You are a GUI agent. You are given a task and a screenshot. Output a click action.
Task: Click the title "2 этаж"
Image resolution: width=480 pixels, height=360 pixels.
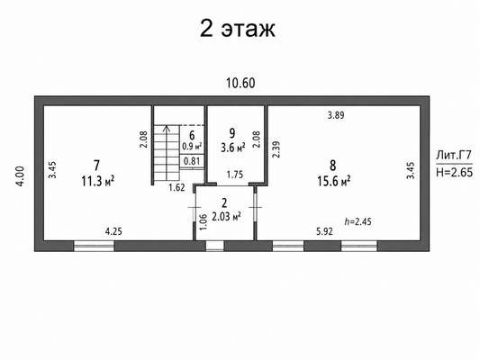point(238,29)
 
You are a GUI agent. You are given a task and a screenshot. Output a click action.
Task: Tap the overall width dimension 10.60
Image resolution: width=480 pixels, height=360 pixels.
point(240,83)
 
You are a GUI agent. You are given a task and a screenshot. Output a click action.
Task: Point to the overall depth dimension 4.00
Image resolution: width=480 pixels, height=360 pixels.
point(19,175)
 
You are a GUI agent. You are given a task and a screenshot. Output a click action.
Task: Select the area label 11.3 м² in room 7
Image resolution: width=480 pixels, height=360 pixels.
point(98,182)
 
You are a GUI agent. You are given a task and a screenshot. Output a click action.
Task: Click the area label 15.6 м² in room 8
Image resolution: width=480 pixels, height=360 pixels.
point(334,182)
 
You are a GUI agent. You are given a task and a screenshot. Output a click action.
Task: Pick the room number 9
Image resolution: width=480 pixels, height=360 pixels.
point(232,133)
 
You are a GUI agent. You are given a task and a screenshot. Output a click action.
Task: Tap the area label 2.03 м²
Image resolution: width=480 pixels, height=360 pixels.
point(226,217)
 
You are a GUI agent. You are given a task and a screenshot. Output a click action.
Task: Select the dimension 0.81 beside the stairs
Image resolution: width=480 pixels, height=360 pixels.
point(192,160)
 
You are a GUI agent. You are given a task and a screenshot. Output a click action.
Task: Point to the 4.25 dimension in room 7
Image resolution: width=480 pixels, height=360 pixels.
point(113,231)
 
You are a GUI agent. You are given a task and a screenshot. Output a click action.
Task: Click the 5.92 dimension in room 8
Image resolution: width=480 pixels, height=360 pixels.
point(324,231)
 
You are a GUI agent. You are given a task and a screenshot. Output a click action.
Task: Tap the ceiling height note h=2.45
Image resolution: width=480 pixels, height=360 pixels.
point(358,221)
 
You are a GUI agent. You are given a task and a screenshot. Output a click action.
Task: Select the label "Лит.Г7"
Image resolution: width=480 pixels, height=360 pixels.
point(454,156)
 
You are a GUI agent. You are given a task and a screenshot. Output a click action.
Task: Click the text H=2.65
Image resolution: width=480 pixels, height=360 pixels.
point(454,172)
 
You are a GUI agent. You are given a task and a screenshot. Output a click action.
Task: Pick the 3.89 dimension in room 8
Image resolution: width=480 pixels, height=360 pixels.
point(336,115)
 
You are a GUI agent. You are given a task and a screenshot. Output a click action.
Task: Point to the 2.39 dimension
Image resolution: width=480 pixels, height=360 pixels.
point(276,149)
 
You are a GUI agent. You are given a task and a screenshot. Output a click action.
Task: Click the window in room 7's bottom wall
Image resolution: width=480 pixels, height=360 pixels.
point(94,246)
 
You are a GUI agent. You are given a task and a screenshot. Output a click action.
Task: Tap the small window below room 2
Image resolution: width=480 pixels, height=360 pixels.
point(214,246)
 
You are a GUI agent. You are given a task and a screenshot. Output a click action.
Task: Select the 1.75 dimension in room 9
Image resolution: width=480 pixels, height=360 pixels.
point(235,175)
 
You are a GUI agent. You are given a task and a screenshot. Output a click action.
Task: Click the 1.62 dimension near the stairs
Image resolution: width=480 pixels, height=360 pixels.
point(177,187)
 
